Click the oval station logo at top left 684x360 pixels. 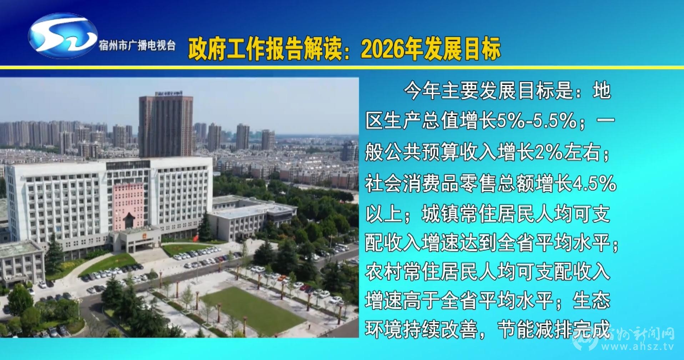pyautogui.click(x=63, y=36)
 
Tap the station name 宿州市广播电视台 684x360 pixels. pyautogui.click(x=137, y=45)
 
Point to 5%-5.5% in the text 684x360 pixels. pyautogui.click(x=537, y=121)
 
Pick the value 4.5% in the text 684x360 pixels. pyautogui.click(x=595, y=183)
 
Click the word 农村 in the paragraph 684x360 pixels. pyautogui.click(x=384, y=272)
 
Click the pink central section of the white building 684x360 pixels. pyautogui.click(x=128, y=206)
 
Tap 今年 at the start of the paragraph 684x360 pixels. pyautogui.click(x=422, y=91)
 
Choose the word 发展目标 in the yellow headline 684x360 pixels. pyautogui.click(x=462, y=49)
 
